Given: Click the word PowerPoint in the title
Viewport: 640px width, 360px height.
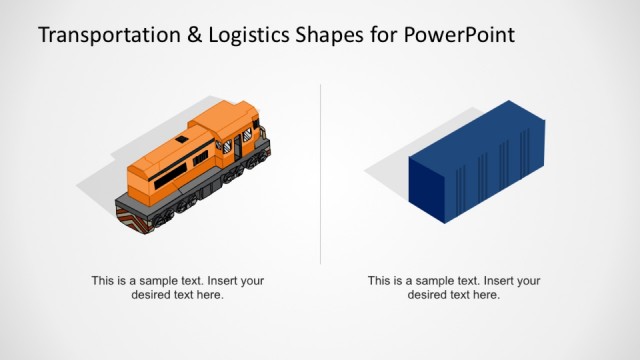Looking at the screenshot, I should pos(461,36).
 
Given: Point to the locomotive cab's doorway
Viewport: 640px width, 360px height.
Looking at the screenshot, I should pos(238,146).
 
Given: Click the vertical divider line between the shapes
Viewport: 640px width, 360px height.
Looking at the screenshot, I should pos(320,170).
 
